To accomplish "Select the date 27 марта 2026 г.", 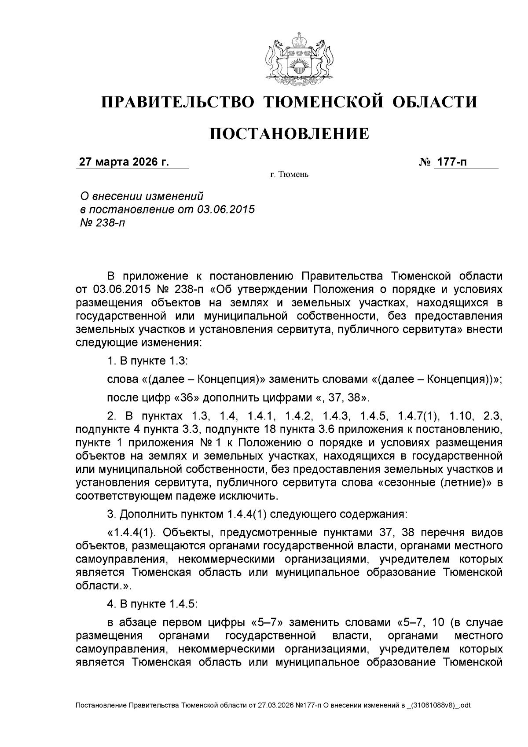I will tap(124, 162).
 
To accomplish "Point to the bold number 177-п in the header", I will tap(451, 162).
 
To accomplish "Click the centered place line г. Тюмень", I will tap(289, 175).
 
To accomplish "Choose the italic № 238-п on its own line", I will tap(102, 223).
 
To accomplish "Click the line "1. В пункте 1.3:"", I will tap(148, 361).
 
